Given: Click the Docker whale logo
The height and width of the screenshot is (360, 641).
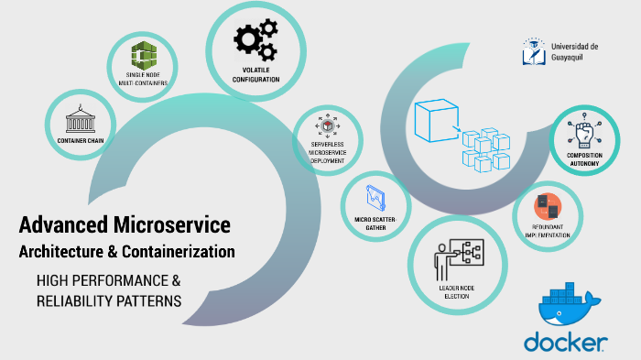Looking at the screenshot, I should click(x=567, y=310).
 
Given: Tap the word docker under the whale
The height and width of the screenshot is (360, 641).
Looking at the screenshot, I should click(x=565, y=343).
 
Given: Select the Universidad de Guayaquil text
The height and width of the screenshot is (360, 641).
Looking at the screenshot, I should click(x=575, y=51).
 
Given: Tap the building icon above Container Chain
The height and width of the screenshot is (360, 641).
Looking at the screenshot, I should click(x=79, y=122).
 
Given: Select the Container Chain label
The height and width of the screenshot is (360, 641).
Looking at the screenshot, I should click(x=79, y=142).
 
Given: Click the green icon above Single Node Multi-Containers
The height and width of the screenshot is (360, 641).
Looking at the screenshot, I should click(x=143, y=56).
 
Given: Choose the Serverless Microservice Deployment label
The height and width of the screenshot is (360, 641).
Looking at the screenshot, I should click(x=327, y=153).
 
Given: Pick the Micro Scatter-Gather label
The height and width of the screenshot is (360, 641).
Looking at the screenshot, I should click(x=375, y=224).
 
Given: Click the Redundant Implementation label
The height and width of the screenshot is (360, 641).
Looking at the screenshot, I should click(x=548, y=231).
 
